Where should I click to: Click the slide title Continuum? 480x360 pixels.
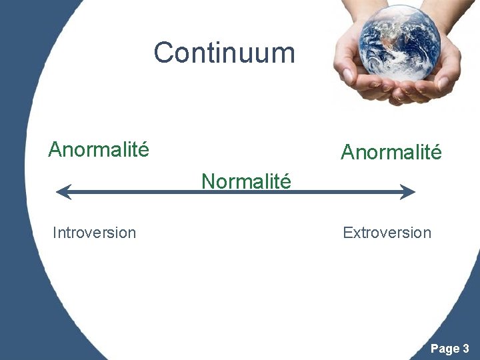[x=224, y=53]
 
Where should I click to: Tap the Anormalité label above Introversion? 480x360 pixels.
[x=99, y=149]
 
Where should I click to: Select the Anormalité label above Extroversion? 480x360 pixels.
[x=391, y=153]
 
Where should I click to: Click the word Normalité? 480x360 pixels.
[x=247, y=181]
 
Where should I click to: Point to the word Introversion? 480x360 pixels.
[x=94, y=233]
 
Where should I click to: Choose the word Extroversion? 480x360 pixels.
[x=387, y=233]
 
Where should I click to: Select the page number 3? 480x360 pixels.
[x=465, y=348]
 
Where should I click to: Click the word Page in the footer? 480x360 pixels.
[x=445, y=348]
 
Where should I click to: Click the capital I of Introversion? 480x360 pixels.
[x=55, y=233]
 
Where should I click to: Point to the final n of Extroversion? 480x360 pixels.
[x=427, y=233]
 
